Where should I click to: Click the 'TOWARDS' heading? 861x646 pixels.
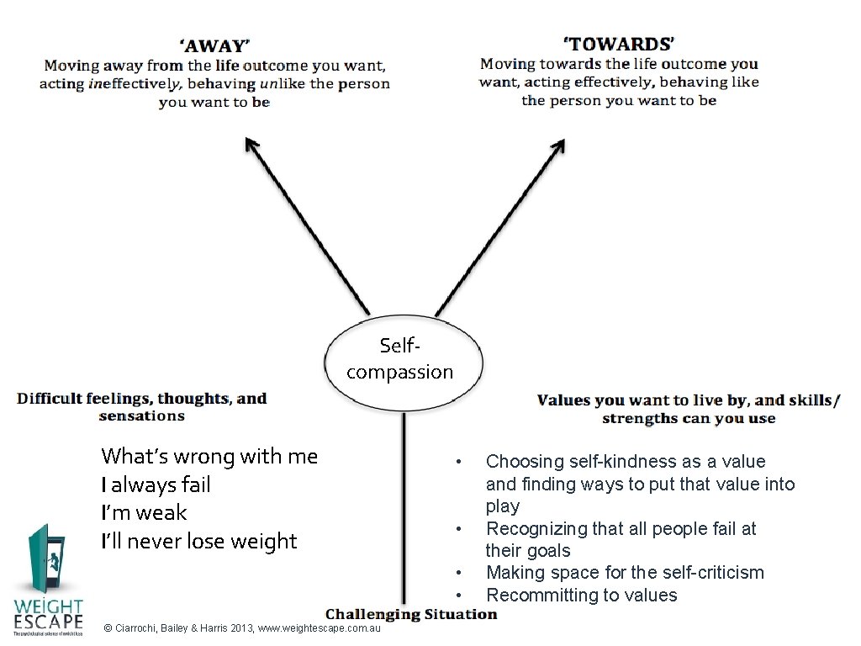pos(619,43)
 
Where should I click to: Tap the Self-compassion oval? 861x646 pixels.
pos(404,359)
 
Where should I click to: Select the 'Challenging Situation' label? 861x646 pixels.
pos(411,614)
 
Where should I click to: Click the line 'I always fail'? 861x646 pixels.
pos(156,484)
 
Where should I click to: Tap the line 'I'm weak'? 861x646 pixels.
pos(144,512)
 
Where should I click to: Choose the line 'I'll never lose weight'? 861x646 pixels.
pos(198,541)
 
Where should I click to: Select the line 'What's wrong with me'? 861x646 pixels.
pos(209,456)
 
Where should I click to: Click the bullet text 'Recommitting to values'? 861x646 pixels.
pos(581,595)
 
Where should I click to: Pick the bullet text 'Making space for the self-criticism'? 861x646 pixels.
pos(625,573)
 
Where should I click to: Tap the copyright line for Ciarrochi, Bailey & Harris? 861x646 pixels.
pos(241,628)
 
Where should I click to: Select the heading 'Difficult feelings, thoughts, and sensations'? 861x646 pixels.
pos(141,406)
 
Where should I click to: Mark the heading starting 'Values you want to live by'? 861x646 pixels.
pos(688,409)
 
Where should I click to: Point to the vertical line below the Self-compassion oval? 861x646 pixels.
pos(404,505)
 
